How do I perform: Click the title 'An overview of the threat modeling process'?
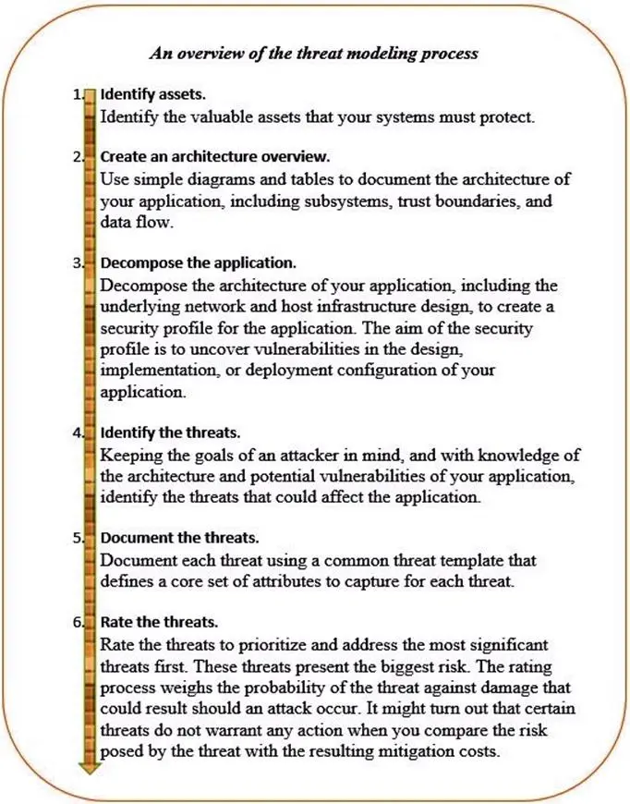pos(314,53)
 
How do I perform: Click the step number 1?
pos(76,95)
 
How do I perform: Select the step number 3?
pos(76,262)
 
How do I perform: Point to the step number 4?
pos(76,432)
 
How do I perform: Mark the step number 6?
pos(76,622)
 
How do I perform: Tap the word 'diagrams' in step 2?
pos(210,178)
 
